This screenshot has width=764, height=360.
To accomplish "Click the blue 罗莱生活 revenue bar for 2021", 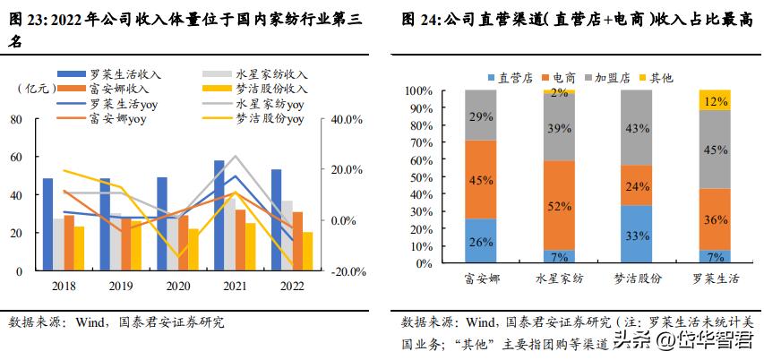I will tap(219, 215).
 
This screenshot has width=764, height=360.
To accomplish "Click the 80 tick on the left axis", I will tap(17, 118).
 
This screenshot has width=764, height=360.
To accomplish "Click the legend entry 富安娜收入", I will tap(121, 89).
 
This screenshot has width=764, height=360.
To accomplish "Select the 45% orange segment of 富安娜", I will tap(482, 179).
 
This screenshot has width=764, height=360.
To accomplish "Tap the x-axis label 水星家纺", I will tap(559, 279).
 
